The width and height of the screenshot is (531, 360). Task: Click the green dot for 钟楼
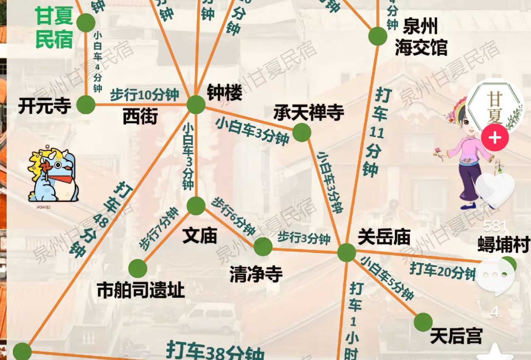[x=196, y=105]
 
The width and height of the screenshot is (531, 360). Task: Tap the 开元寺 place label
[x=44, y=106]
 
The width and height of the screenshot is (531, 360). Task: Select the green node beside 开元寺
[x=86, y=105]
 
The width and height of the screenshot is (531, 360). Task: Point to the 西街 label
[x=140, y=117]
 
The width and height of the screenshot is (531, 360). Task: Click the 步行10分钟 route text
[x=144, y=95]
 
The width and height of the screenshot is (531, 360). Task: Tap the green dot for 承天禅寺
[x=302, y=132]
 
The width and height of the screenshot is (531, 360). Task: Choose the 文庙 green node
[x=196, y=206]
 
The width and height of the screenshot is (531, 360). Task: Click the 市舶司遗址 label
[x=140, y=290]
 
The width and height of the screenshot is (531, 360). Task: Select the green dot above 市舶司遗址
[x=138, y=269]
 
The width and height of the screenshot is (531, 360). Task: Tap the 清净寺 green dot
[x=263, y=247]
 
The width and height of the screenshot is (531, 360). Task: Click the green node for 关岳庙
[x=346, y=252]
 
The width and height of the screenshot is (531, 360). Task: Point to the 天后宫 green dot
[x=423, y=322]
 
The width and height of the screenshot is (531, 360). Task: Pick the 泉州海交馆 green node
[x=378, y=36]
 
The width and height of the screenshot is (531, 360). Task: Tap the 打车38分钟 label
[x=215, y=351]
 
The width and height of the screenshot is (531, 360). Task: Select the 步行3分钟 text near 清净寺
[x=304, y=238]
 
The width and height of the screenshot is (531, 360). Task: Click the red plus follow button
[x=495, y=138]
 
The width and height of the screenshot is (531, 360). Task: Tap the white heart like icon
[x=495, y=190]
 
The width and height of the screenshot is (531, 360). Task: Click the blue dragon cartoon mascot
[x=54, y=175]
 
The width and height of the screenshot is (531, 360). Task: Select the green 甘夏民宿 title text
[x=54, y=27]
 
